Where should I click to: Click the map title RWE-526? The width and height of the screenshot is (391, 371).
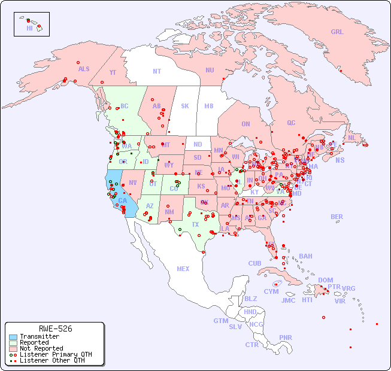click(x=55, y=329)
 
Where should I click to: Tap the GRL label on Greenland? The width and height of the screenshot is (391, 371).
click(x=337, y=32)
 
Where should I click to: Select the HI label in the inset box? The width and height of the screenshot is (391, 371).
click(x=29, y=28)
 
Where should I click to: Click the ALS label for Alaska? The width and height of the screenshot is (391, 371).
click(x=84, y=69)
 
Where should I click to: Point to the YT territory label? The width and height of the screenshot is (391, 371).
click(x=113, y=72)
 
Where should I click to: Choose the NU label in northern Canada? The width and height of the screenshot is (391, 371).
click(x=210, y=70)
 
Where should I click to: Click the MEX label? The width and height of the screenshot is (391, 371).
click(x=183, y=269)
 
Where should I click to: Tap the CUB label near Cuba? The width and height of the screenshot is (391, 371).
click(x=254, y=263)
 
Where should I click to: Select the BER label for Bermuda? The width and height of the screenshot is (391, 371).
click(x=337, y=217)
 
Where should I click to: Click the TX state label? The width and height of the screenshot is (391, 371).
click(x=195, y=224)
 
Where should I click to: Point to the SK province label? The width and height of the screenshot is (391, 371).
click(x=185, y=106)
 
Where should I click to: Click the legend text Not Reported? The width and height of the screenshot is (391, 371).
click(x=41, y=348)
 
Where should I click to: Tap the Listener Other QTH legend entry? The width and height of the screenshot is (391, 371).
click(x=47, y=360)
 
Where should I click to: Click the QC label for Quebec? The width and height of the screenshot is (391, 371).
click(x=291, y=123)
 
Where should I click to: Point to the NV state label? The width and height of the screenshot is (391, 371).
click(x=133, y=183)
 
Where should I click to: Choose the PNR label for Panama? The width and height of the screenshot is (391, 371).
click(x=286, y=337)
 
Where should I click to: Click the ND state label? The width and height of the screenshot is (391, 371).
click(x=198, y=144)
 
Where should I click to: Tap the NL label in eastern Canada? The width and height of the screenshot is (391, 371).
click(x=351, y=137)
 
